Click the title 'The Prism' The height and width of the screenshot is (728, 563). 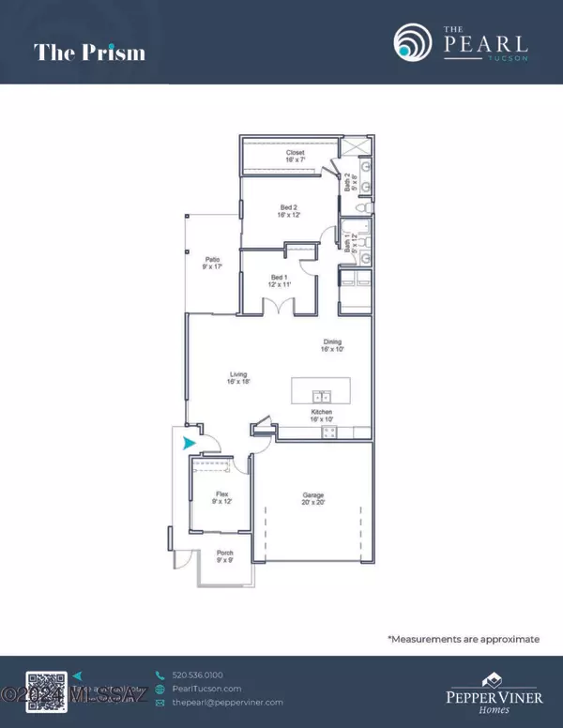pos(90,52)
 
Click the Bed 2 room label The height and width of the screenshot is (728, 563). pos(289,211)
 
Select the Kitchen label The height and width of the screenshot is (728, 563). pos(325,415)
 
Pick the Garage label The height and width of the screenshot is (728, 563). pos(312,499)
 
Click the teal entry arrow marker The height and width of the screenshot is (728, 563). pos(190,443)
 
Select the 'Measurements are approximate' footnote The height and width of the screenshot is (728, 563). pos(464,639)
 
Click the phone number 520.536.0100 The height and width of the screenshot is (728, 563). pos(199,675)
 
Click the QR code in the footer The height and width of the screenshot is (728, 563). pos(47,689)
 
